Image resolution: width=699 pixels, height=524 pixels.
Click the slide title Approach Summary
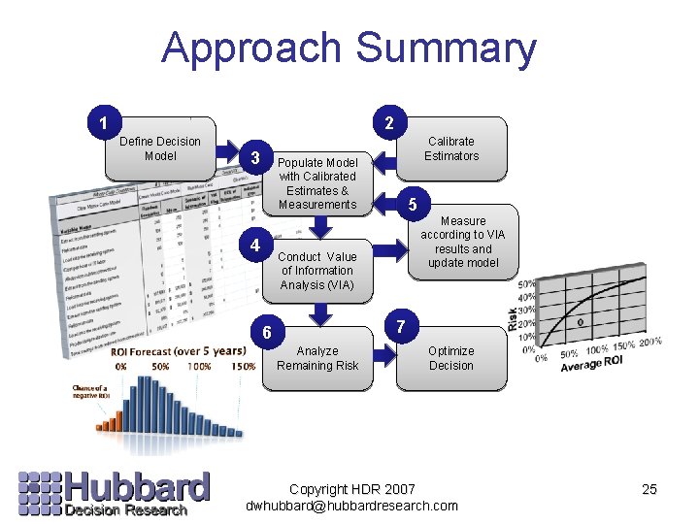tap(349, 49)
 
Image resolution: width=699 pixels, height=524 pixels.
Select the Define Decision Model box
tap(160, 149)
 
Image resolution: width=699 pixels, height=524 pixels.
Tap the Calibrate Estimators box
tap(451, 148)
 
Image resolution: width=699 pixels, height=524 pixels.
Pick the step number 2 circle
tap(388, 123)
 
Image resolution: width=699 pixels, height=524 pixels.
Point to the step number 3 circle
tap(254, 158)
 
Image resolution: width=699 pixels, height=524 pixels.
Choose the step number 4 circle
tap(254, 246)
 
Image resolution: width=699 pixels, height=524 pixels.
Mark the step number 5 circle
tap(413, 205)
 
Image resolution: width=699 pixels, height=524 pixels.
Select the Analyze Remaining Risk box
tap(317, 358)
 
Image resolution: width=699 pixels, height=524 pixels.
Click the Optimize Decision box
tap(451, 358)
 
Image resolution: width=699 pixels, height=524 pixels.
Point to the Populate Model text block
tap(317, 183)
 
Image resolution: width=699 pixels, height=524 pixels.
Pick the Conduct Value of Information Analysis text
tap(317, 271)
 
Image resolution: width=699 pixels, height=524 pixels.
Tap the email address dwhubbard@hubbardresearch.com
tap(351, 506)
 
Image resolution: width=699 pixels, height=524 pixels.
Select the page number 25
tap(649, 490)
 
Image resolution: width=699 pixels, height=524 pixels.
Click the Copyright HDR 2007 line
tap(351, 489)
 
